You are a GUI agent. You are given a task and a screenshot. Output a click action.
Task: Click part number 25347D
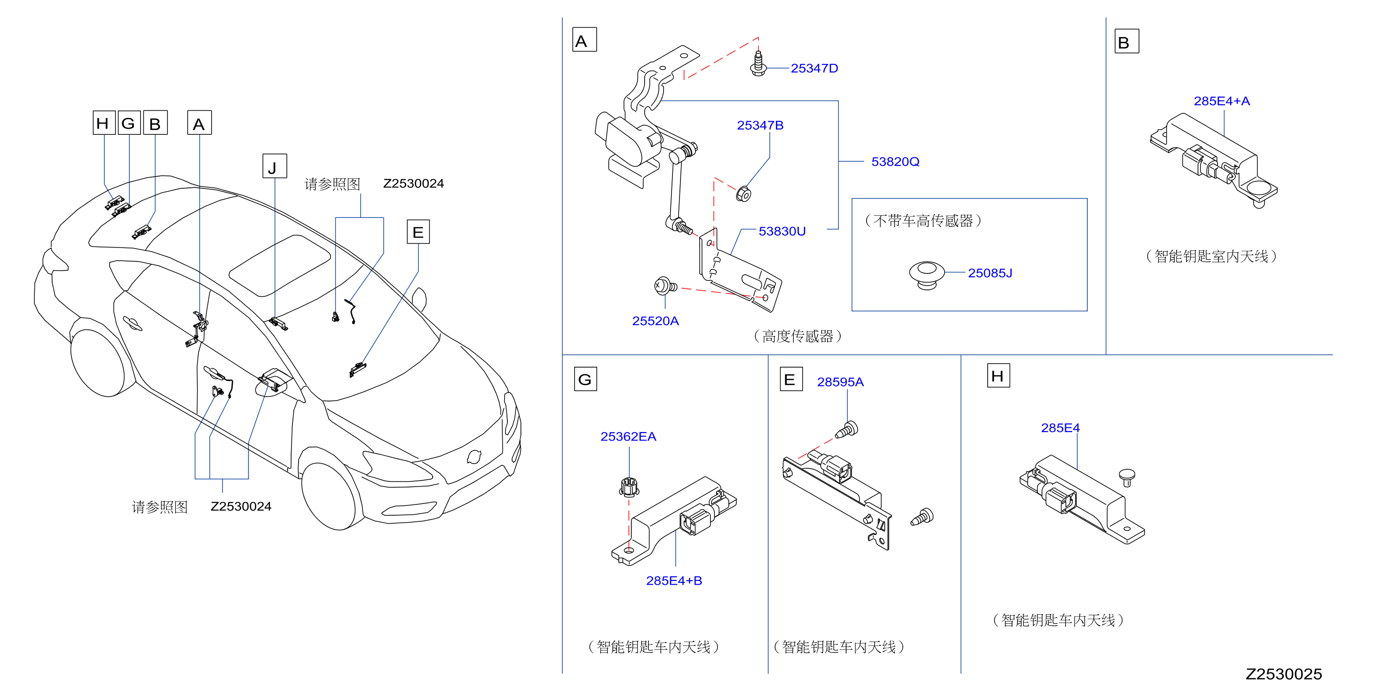pyautogui.click(x=814, y=68)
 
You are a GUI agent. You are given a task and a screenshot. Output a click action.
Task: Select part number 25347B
pyautogui.click(x=760, y=125)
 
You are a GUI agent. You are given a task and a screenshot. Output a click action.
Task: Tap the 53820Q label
pyautogui.click(x=895, y=162)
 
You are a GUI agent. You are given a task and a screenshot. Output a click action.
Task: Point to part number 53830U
pyautogui.click(x=782, y=232)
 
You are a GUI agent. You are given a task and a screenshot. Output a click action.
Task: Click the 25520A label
pyautogui.click(x=656, y=321)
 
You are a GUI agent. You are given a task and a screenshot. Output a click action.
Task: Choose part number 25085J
pyautogui.click(x=990, y=273)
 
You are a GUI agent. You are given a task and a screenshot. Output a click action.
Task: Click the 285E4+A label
pyautogui.click(x=1222, y=101)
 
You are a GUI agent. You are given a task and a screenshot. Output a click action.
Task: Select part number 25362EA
pyautogui.click(x=628, y=437)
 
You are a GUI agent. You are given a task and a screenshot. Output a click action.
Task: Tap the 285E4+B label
pyautogui.click(x=674, y=581)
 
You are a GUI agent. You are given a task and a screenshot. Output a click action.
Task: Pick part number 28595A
pyautogui.click(x=840, y=382)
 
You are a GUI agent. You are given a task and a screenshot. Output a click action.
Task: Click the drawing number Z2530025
pyautogui.click(x=1284, y=674)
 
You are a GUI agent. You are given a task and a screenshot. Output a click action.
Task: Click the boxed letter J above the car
pyautogui.click(x=274, y=166)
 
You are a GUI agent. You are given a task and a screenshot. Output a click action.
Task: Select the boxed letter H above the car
pyautogui.click(x=103, y=123)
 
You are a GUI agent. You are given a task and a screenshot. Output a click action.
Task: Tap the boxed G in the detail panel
pyautogui.click(x=585, y=379)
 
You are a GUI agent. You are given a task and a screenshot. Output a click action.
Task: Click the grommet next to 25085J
pyautogui.click(x=927, y=275)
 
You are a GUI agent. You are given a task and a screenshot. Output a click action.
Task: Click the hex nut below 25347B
pyautogui.click(x=743, y=194)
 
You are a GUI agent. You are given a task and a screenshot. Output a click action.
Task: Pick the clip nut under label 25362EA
pyautogui.click(x=629, y=487)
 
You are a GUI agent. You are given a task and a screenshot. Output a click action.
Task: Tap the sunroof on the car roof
pyautogui.click(x=280, y=265)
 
